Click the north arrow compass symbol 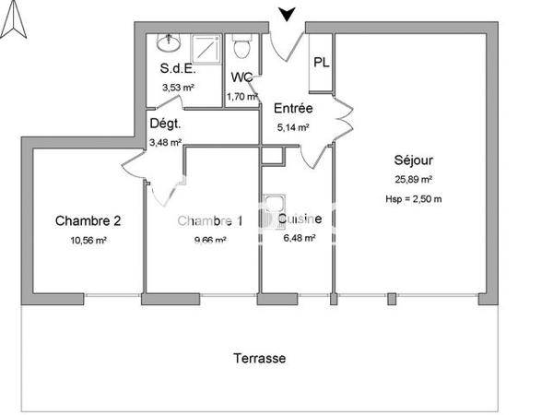tap(13, 21)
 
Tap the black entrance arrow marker tap(288, 13)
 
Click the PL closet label tap(321, 63)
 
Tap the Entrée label tap(293, 108)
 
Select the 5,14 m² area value tap(293, 128)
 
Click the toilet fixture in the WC tap(242, 47)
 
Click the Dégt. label tap(165, 124)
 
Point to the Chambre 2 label tap(88, 220)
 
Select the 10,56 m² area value tap(88, 240)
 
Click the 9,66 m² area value tap(209, 240)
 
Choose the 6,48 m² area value tap(299, 238)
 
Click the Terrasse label tap(258, 358)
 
